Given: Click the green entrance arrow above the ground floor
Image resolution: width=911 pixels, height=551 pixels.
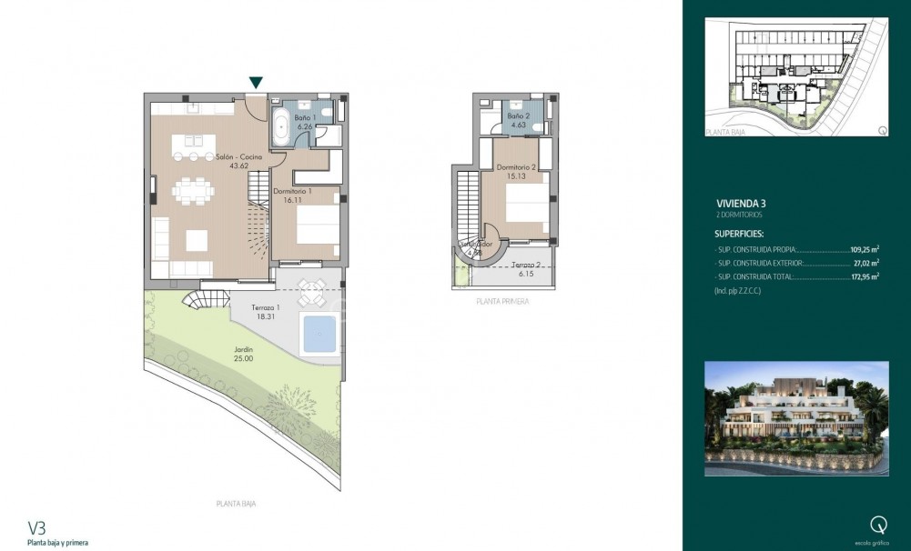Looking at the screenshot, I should (257, 83).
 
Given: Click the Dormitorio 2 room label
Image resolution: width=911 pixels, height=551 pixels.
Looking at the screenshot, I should (515, 172).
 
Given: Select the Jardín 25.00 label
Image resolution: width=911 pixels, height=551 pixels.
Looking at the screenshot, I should (242, 354).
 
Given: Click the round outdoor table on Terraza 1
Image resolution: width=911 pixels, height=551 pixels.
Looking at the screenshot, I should (311, 293).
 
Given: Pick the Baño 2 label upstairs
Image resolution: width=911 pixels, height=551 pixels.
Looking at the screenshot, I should (518, 120).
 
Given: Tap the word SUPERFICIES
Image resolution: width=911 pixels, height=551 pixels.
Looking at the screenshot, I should (739, 234).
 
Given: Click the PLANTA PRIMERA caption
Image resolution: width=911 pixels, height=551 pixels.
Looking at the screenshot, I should (502, 301).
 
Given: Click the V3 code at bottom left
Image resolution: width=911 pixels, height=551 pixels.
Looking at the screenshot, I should (36, 526).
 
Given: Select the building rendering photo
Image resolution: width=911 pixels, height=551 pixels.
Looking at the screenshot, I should (796, 418).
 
